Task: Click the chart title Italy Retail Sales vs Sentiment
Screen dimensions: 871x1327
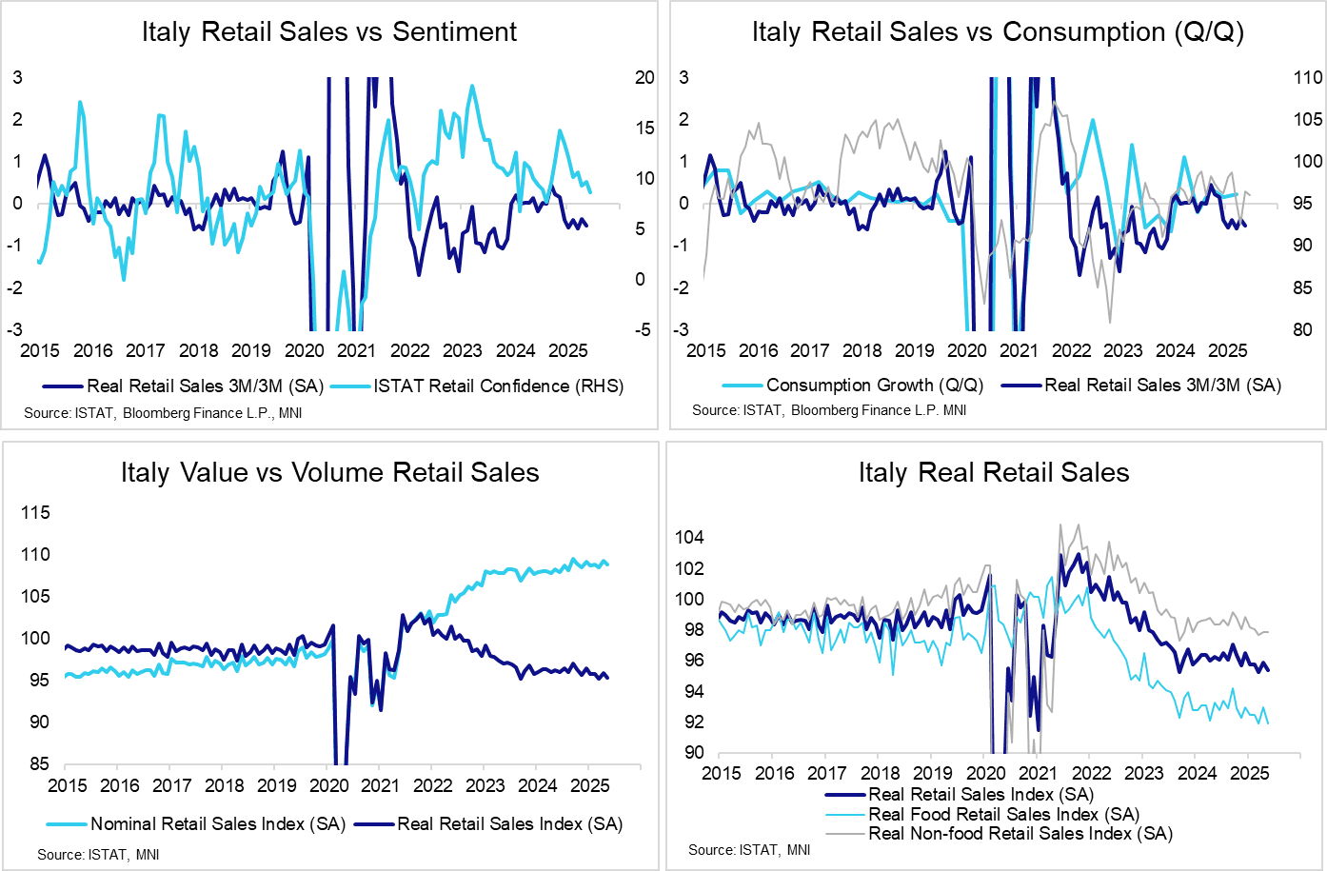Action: point(328,31)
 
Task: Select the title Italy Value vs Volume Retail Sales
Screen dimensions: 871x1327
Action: point(329,472)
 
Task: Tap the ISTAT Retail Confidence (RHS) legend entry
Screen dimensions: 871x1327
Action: point(498,386)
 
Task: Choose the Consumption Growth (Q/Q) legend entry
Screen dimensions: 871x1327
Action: point(874,385)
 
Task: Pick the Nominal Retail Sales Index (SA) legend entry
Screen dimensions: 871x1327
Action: point(217,823)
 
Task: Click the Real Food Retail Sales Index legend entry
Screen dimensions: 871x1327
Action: point(1003,814)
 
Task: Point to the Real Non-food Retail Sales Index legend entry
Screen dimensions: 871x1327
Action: point(1020,833)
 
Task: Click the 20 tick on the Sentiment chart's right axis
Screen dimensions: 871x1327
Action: point(644,77)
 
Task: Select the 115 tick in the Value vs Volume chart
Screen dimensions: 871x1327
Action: point(35,512)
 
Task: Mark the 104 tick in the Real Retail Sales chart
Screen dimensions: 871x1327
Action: point(689,537)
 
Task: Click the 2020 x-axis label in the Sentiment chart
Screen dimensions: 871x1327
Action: point(304,350)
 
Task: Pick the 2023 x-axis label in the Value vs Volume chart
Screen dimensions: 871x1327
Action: point(485,785)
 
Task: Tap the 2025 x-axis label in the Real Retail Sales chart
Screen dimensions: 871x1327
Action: point(1249,773)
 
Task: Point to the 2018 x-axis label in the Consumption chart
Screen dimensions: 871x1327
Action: point(862,350)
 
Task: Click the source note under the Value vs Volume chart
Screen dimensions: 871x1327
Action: point(98,854)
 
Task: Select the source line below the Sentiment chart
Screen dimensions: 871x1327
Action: point(163,412)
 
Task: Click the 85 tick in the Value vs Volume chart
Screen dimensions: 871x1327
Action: point(40,763)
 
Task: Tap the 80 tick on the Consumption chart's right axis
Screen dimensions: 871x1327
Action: point(1301,329)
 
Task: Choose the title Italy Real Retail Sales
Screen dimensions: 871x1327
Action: point(993,472)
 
